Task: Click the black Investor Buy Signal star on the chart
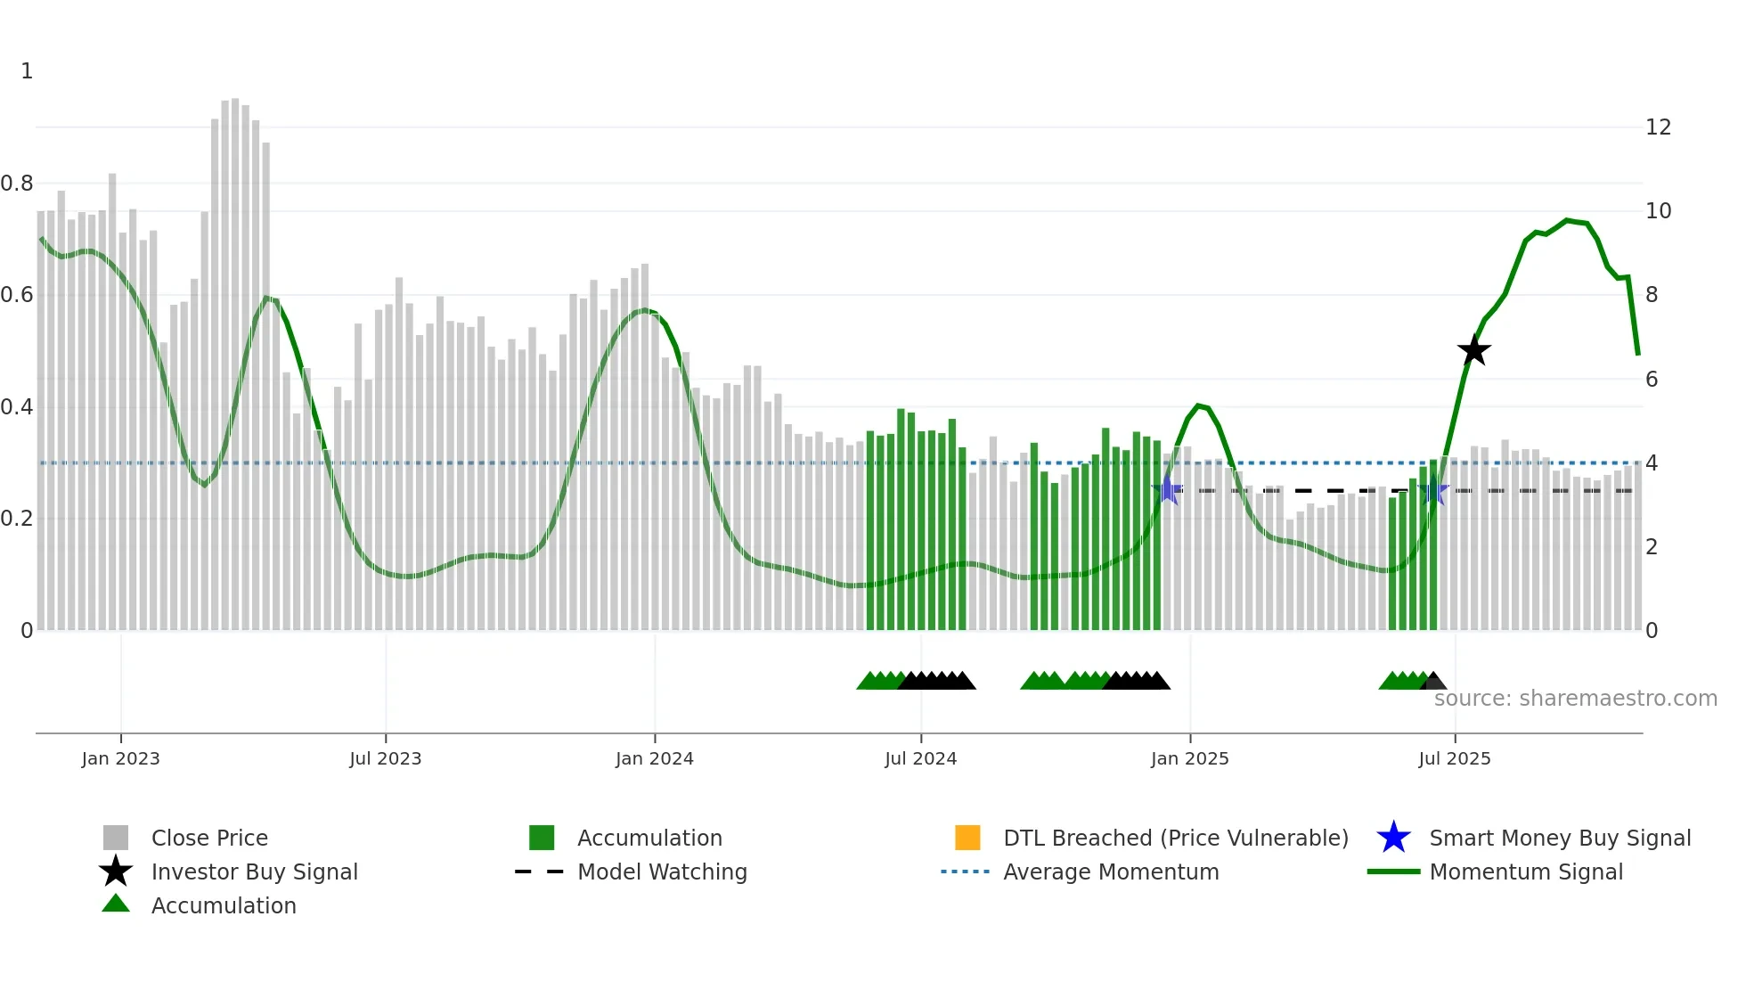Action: tap(1474, 350)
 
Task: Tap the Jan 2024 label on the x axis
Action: tap(654, 758)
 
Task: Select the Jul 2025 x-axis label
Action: tap(1454, 758)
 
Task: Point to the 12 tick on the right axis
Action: tap(1658, 127)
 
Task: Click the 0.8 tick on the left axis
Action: tap(18, 184)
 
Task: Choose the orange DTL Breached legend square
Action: tap(967, 838)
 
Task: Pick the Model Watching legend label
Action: tap(662, 872)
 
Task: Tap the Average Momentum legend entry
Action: tap(1110, 872)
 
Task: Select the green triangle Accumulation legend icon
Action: tap(116, 904)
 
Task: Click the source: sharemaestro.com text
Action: tap(1575, 699)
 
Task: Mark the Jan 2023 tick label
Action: tap(120, 758)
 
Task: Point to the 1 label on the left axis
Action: tap(27, 71)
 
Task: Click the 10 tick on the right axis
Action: tap(1658, 211)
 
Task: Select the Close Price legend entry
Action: tap(209, 838)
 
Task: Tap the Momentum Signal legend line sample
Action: tap(1393, 872)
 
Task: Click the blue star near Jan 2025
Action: tap(1167, 490)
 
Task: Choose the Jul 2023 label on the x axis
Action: tap(385, 758)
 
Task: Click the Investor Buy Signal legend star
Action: tap(116, 872)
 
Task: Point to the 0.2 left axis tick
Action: tap(18, 519)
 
